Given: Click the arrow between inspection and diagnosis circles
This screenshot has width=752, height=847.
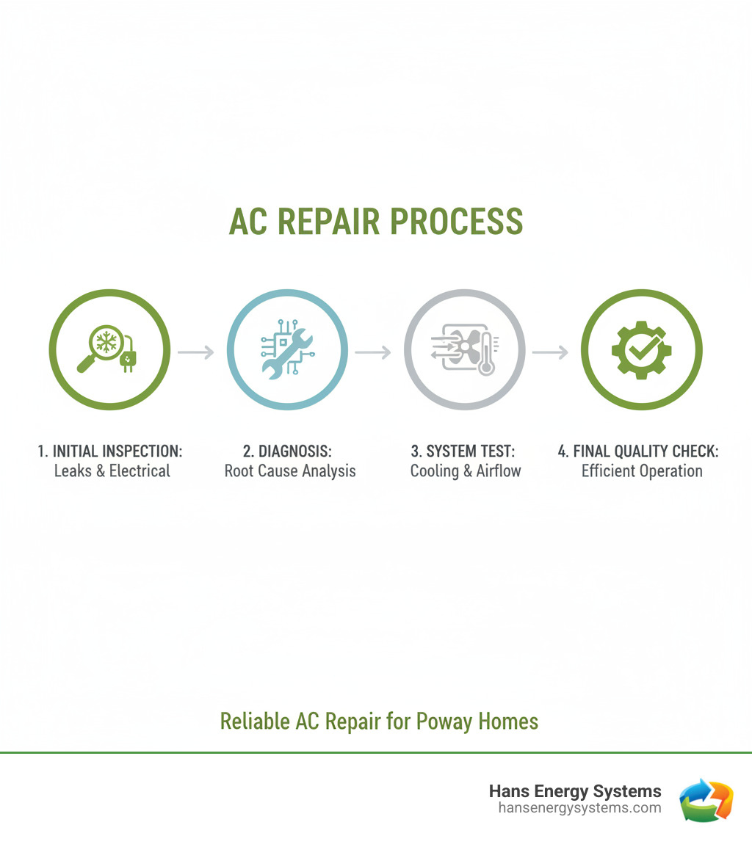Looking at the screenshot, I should tap(196, 352).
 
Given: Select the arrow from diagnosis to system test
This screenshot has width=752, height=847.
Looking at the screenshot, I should tap(374, 352).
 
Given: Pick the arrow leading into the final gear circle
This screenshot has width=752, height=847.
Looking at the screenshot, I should tap(551, 352).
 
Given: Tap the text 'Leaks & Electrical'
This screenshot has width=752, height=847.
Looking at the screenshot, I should tap(112, 470).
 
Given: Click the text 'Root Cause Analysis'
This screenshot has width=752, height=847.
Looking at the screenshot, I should tap(290, 470).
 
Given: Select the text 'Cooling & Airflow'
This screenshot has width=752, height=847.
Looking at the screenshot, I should tap(466, 470).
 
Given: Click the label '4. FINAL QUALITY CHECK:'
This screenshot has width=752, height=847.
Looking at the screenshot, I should tap(638, 451).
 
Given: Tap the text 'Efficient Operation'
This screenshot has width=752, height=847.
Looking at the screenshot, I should tap(642, 470).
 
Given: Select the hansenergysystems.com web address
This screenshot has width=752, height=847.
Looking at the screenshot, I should tap(579, 807).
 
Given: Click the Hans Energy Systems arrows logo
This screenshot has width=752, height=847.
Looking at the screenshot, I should tap(706, 799).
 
